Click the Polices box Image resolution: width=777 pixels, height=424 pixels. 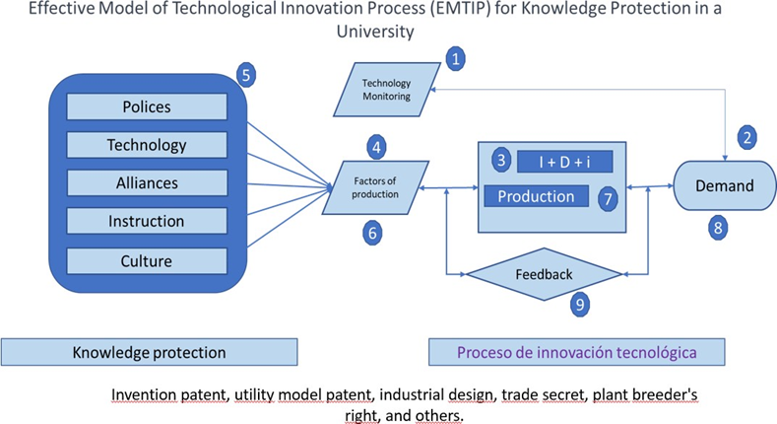146,107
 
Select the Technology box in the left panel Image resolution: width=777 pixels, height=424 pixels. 146,145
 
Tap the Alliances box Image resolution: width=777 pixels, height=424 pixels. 146,183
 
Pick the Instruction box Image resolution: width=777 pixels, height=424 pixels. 146,222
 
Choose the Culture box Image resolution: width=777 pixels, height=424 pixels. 146,260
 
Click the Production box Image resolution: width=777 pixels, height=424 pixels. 536,196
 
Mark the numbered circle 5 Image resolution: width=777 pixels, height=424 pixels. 249,73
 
